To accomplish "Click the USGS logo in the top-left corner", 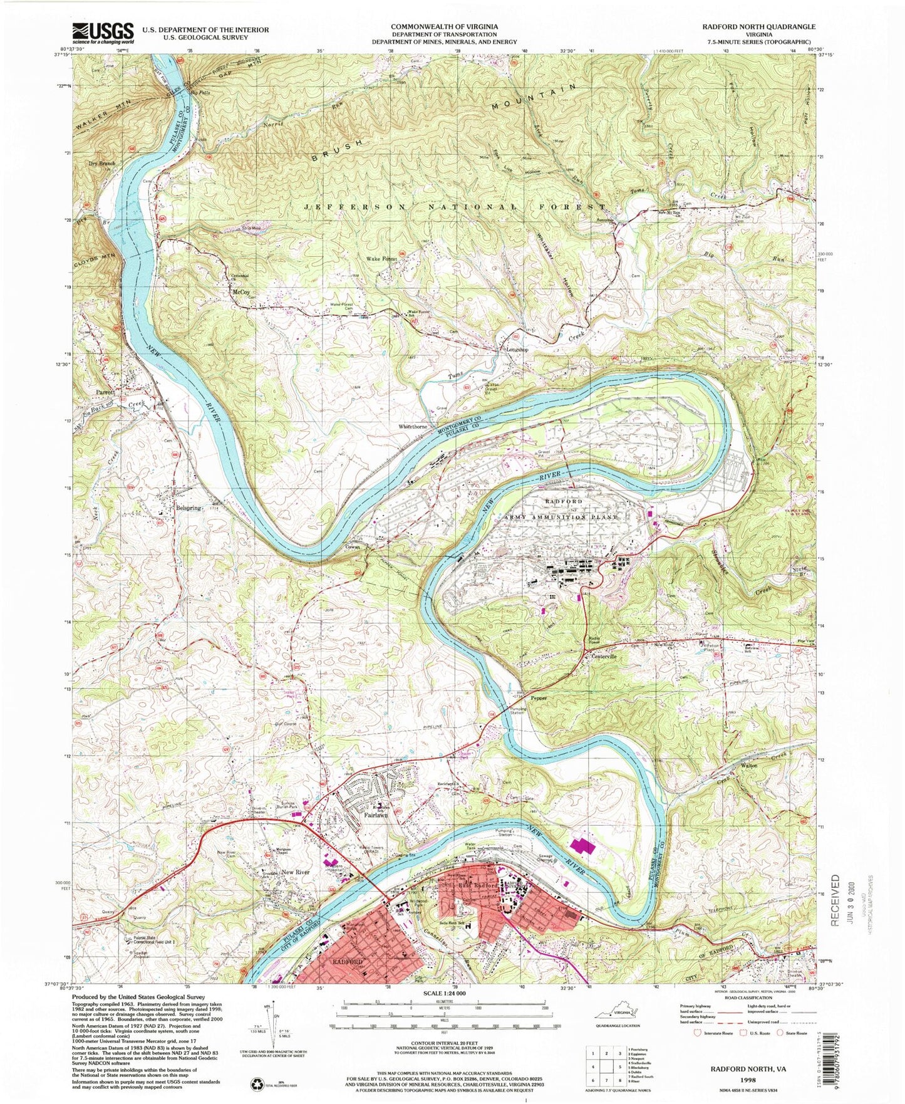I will pos(103,31).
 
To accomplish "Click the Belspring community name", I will pos(187,508).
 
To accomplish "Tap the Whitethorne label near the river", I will pos(412,427).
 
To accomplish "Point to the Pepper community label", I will pos(539,697).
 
